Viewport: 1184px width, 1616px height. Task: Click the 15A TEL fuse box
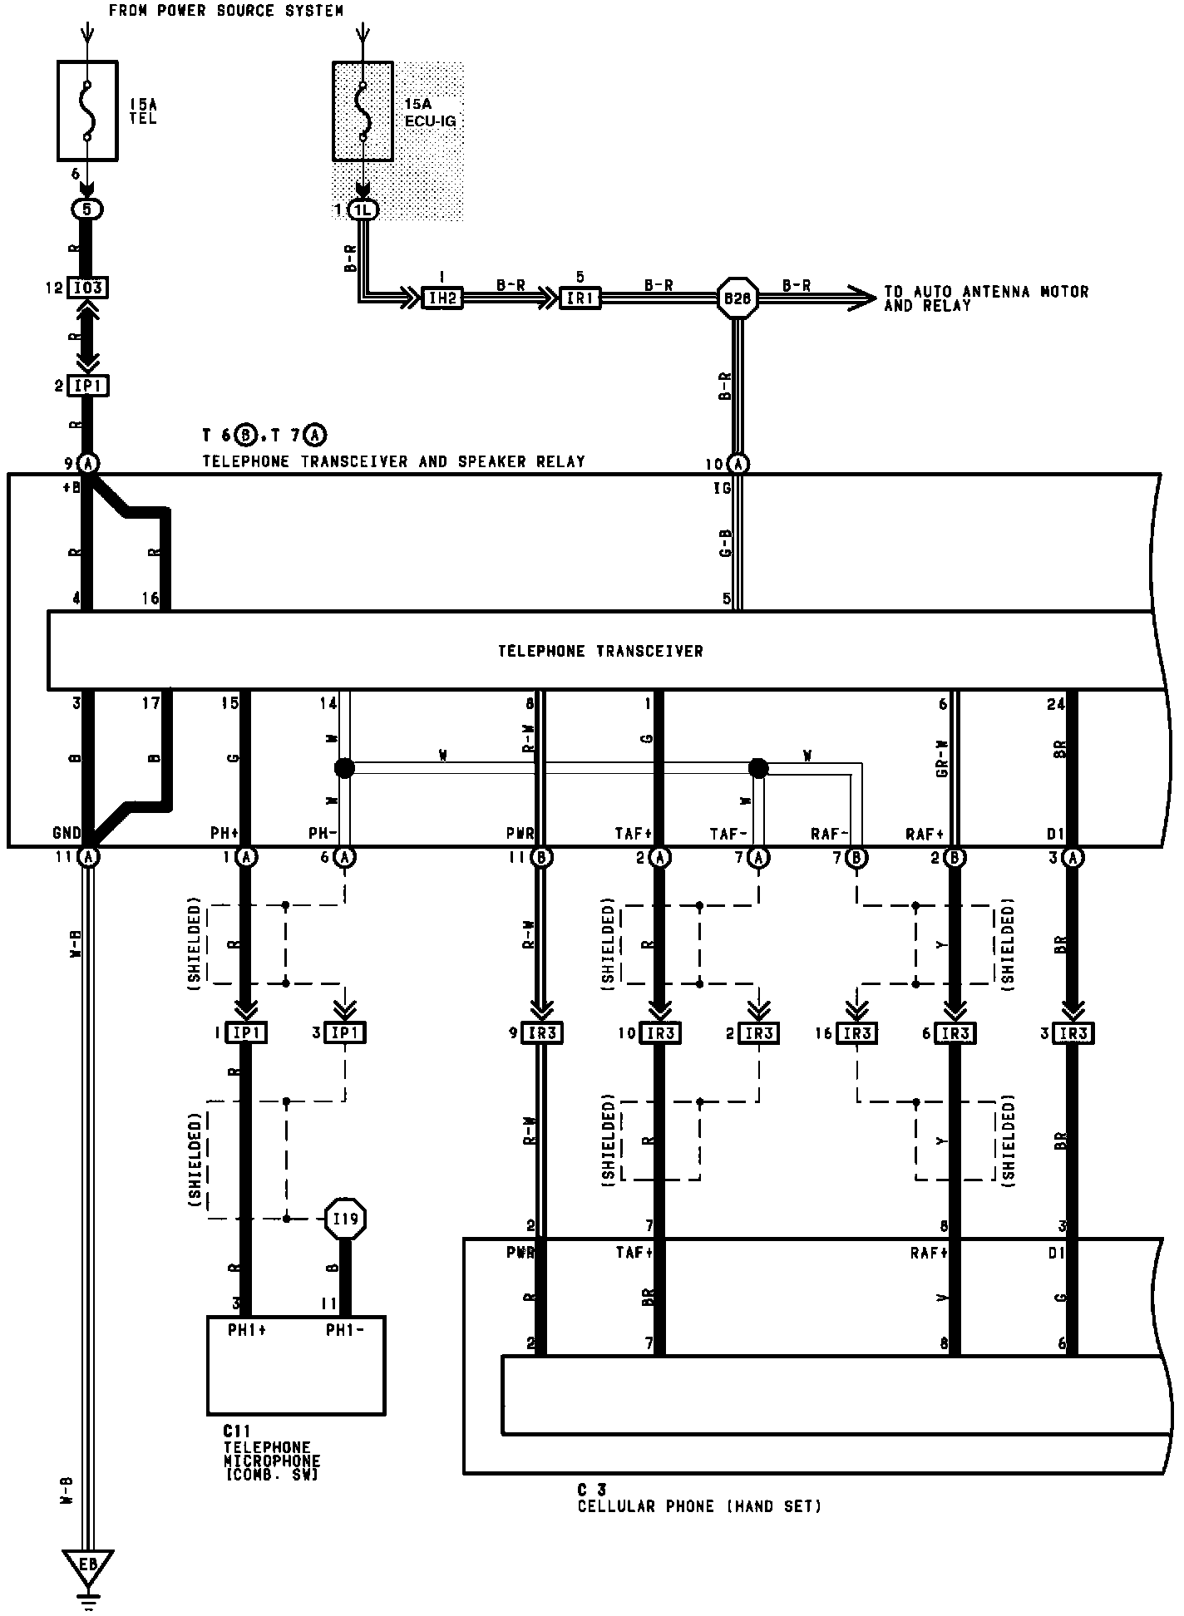[x=87, y=110]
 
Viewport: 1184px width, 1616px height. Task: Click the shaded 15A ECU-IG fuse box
[x=363, y=110]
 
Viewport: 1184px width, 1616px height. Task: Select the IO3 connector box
[x=87, y=288]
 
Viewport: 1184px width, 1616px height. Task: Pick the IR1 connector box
[x=579, y=298]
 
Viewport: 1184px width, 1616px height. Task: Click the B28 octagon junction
[x=738, y=298]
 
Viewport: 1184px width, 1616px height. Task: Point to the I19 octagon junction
[x=344, y=1219]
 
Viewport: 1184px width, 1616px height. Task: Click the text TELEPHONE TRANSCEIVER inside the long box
[x=600, y=651]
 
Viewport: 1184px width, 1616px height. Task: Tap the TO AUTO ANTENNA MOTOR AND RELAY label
[x=985, y=298]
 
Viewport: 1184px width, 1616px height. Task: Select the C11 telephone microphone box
[x=296, y=1365]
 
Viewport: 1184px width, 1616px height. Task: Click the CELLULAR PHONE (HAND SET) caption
[x=700, y=1506]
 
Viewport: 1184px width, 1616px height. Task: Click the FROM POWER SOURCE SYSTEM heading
[x=226, y=11]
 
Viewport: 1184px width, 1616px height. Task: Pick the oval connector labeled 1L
[x=363, y=210]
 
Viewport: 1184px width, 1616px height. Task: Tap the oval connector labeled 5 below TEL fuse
[x=87, y=209]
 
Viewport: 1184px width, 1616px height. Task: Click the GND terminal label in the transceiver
[x=67, y=832]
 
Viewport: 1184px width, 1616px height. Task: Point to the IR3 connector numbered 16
[x=857, y=1033]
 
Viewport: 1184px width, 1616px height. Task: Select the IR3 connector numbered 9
[x=542, y=1033]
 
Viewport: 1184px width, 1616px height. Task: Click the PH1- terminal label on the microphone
[x=344, y=1330]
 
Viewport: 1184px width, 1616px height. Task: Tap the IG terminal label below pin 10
[x=721, y=489]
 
